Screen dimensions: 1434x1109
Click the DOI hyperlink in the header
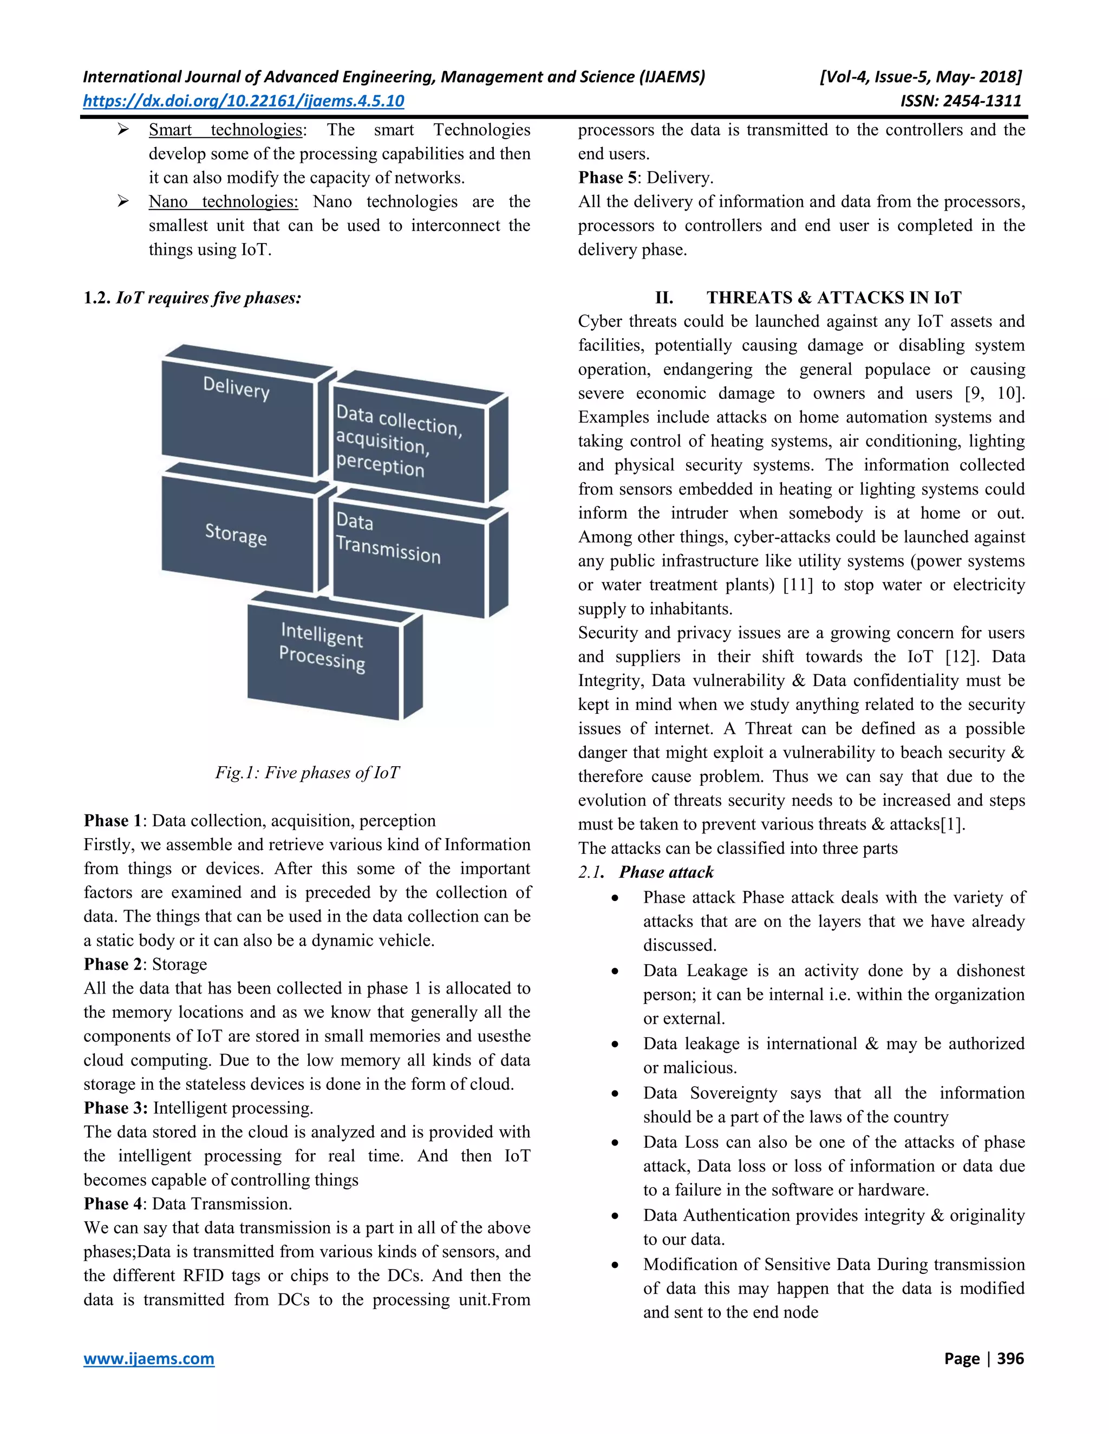(243, 101)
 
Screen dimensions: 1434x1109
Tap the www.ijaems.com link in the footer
(148, 1358)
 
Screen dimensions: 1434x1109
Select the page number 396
(1010, 1358)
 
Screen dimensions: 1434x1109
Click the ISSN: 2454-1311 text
(961, 101)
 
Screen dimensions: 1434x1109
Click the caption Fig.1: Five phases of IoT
(307, 772)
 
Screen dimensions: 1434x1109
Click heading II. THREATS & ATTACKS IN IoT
(807, 298)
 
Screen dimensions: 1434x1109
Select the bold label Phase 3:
(116, 1108)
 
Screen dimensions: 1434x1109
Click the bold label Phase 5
(607, 177)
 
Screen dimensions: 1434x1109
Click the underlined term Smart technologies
(225, 130)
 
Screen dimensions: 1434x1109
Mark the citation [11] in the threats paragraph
(798, 584)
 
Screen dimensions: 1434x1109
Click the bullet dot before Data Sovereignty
(615, 1094)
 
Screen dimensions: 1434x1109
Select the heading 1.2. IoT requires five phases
(192, 298)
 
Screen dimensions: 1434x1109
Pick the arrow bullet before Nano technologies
(123, 202)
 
